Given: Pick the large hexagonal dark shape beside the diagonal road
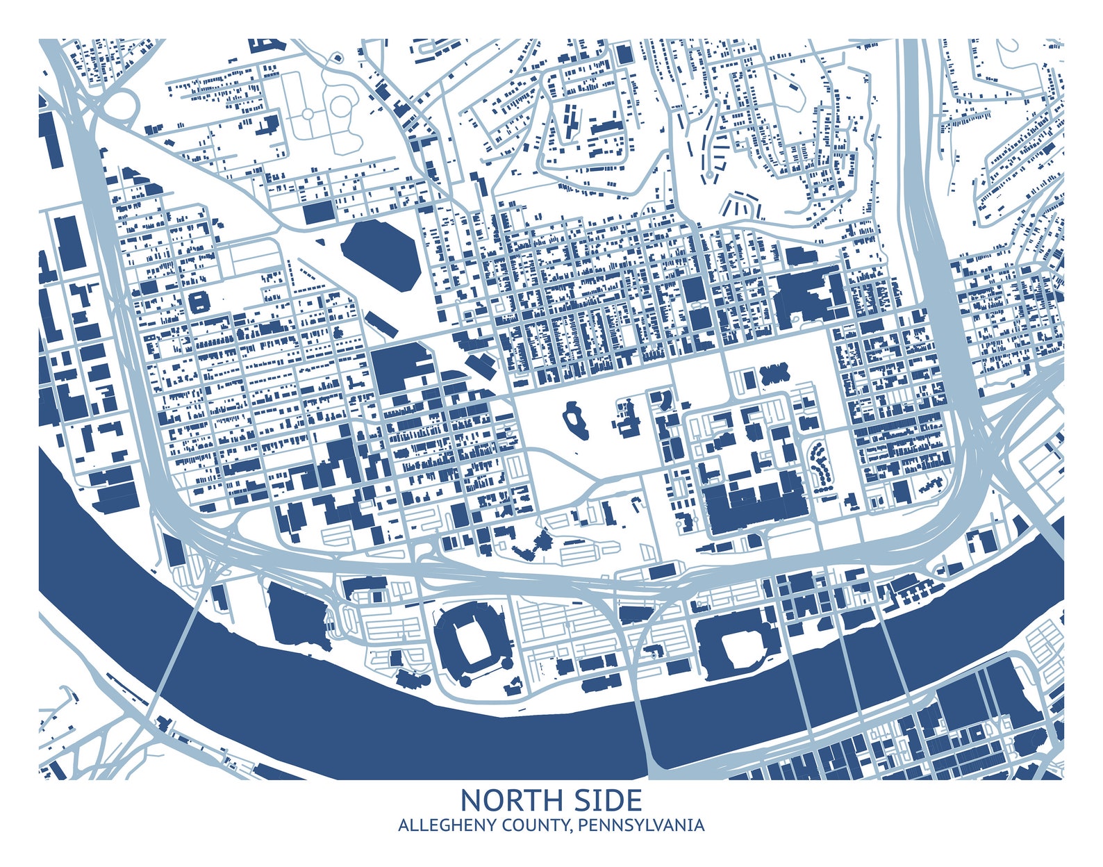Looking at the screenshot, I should pos(381,255).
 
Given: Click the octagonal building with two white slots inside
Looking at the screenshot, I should pos(199,302).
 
